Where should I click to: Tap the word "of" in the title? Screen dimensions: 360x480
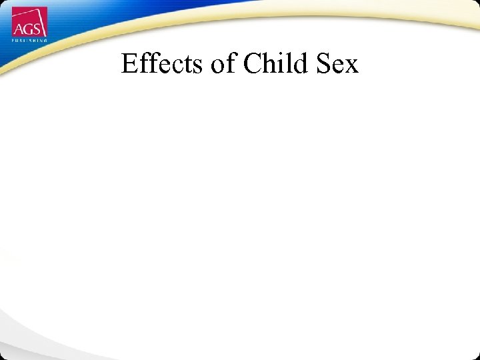223,64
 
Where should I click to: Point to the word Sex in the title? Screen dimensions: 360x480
338,64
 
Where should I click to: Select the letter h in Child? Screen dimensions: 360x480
270,64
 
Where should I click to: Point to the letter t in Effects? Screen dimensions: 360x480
185,65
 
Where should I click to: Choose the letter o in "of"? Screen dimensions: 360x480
217,66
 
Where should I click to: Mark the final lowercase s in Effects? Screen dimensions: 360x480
195,66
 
